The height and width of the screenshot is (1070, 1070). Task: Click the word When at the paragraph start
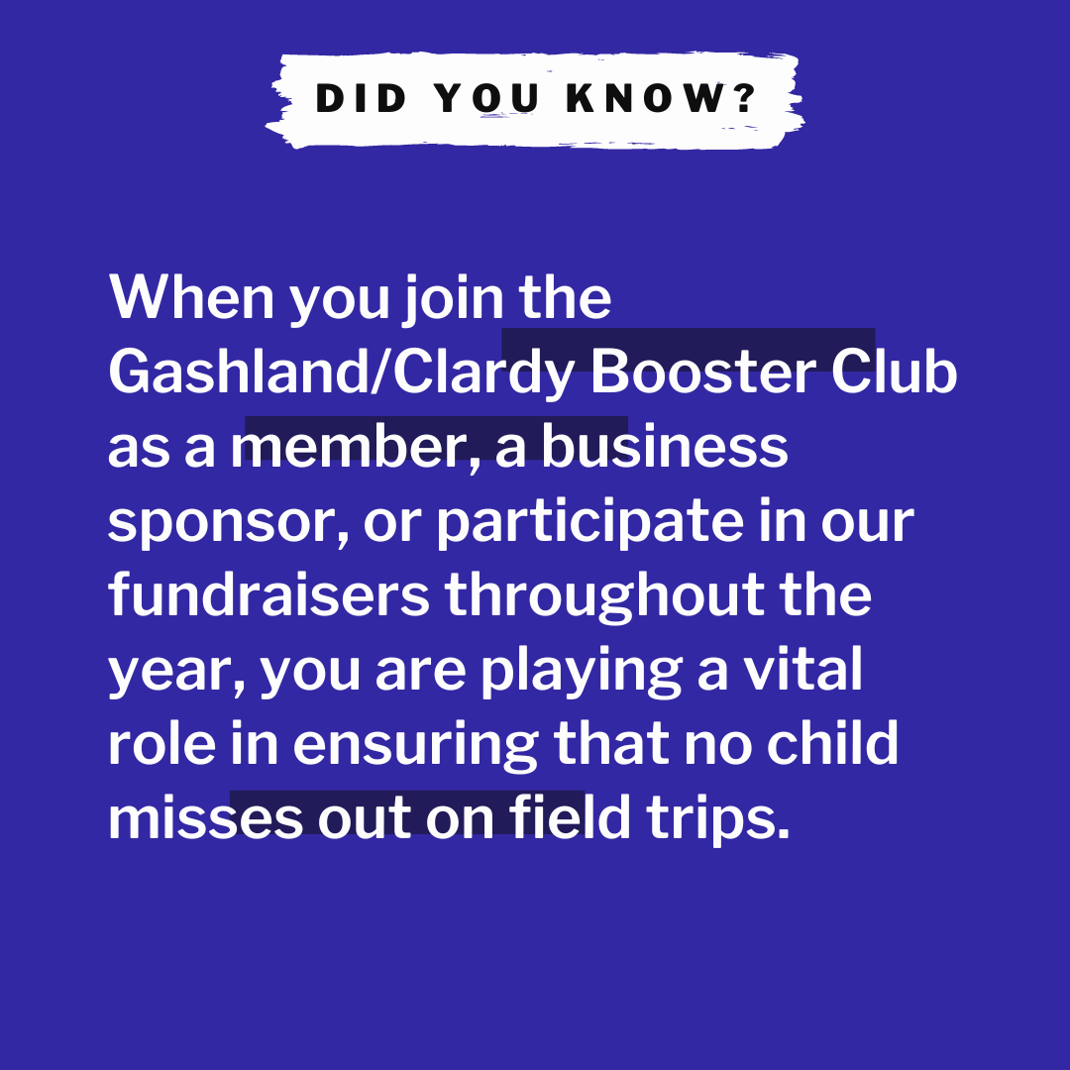[x=191, y=297]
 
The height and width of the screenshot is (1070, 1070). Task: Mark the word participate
[x=588, y=523]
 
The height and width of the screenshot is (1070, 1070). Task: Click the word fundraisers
[x=268, y=596]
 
